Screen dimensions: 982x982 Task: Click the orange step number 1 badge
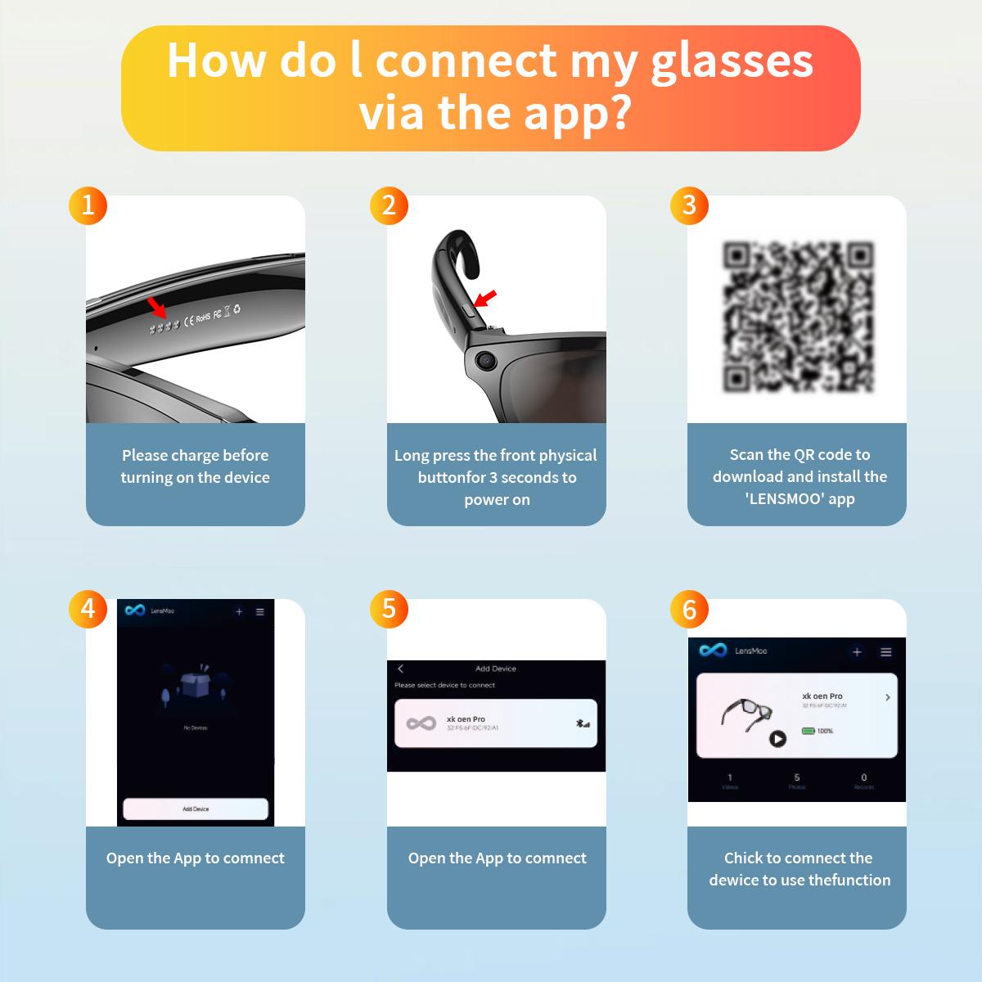click(88, 205)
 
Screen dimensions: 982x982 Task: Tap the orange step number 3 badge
click(689, 205)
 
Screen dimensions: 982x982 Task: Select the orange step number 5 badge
click(389, 608)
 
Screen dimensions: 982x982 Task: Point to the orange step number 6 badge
click(689, 609)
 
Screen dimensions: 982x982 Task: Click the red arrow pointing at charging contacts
click(155, 308)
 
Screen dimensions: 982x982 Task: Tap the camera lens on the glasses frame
click(486, 358)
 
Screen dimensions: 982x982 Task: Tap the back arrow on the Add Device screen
click(400, 669)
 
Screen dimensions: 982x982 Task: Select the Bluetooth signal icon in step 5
click(582, 723)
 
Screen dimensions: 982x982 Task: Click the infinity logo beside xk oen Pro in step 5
click(421, 723)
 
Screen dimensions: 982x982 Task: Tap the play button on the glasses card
click(777, 739)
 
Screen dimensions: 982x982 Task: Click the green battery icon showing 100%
click(808, 731)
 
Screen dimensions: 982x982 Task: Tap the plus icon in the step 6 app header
click(857, 652)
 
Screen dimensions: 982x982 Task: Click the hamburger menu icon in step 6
click(885, 652)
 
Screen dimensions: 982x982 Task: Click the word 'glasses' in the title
click(732, 61)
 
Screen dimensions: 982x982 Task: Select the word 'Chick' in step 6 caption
click(743, 858)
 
